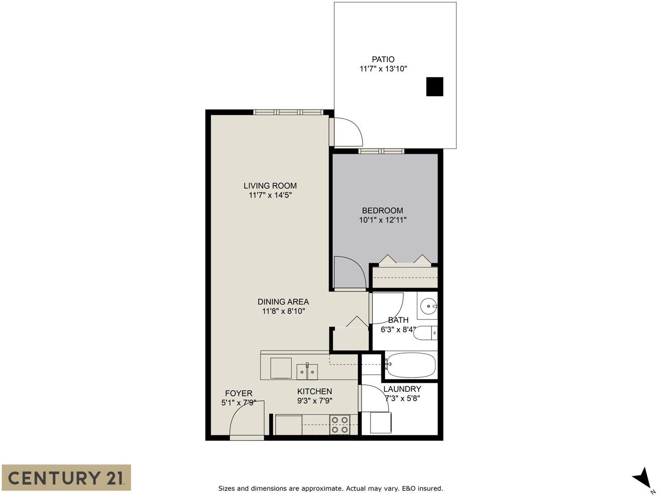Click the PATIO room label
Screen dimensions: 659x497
click(383, 59)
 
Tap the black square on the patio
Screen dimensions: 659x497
click(434, 86)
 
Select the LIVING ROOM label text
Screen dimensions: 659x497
click(270, 186)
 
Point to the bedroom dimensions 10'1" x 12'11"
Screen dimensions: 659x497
click(382, 220)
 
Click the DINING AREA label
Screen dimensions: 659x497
click(283, 302)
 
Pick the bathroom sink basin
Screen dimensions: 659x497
click(428, 306)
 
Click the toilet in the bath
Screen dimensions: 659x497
click(426, 333)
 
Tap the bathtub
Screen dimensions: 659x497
click(410, 365)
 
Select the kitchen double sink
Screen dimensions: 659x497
click(307, 372)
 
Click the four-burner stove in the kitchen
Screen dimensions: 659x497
click(340, 425)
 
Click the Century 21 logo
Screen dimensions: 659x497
click(66, 478)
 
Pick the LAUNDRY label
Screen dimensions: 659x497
click(402, 389)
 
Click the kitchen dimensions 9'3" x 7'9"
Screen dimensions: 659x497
click(315, 400)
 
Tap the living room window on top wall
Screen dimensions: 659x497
click(288, 112)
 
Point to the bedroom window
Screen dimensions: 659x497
click(381, 151)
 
